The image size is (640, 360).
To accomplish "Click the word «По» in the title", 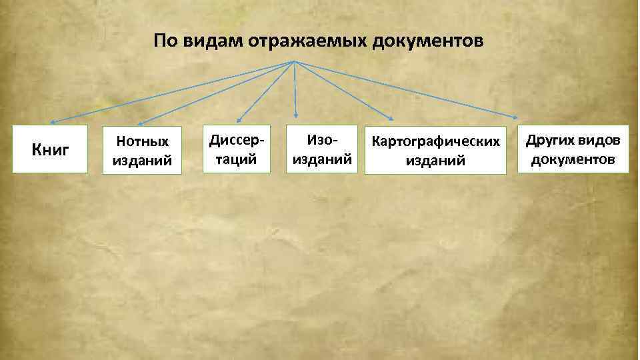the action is [x=163, y=41].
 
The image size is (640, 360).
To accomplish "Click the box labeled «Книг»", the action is [x=50, y=149].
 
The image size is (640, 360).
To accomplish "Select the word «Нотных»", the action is [x=142, y=141].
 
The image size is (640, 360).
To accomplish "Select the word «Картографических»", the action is [x=435, y=142].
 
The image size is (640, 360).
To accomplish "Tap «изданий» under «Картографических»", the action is [x=435, y=160].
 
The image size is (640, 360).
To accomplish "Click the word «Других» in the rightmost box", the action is [x=549, y=141].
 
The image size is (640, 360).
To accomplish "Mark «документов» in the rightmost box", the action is [x=573, y=159].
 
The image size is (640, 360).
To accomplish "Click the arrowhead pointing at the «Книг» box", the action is [x=51, y=122].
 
